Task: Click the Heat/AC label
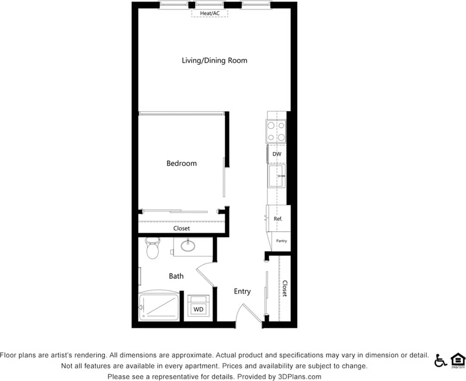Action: click(210, 13)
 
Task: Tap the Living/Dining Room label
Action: click(214, 60)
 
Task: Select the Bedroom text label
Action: click(181, 163)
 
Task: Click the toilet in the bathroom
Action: click(152, 248)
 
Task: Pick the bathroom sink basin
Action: click(188, 246)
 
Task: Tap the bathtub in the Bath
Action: click(159, 307)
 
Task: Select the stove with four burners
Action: click(276, 131)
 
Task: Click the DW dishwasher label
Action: click(277, 154)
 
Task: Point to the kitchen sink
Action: click(276, 176)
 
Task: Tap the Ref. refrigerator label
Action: click(278, 219)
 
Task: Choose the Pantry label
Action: click(281, 241)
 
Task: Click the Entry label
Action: click(242, 292)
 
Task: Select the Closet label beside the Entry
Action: click(285, 289)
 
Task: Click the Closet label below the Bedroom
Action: click(181, 228)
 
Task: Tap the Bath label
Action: click(176, 276)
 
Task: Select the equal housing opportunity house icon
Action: click(457, 360)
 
